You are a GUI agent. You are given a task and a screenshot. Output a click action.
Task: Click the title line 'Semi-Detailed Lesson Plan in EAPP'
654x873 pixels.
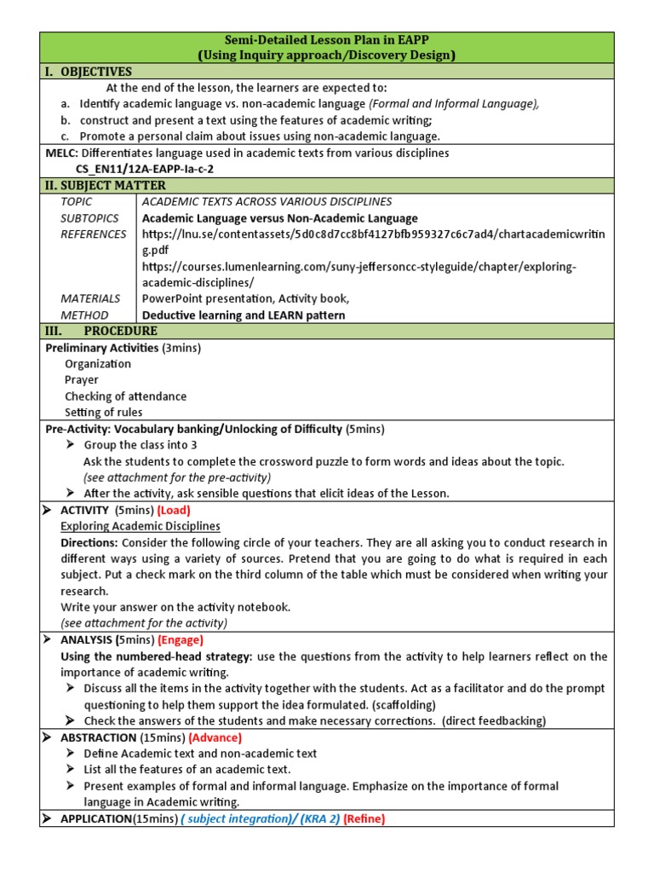[326, 40]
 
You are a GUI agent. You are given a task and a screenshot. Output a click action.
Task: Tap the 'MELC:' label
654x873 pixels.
[61, 153]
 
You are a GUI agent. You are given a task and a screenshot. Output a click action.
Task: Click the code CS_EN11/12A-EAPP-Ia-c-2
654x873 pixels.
[145, 169]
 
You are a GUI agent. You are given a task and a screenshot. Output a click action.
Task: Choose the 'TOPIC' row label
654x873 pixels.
[77, 201]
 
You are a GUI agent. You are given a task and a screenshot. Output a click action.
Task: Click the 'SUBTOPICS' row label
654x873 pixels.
[90, 218]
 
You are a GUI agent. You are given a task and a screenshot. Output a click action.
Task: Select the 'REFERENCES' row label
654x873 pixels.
[94, 234]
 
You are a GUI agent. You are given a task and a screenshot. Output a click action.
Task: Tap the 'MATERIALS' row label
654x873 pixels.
[90, 298]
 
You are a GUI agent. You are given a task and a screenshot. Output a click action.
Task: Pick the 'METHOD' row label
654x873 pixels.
[84, 315]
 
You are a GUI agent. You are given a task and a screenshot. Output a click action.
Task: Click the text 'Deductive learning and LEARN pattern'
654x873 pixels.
[244, 315]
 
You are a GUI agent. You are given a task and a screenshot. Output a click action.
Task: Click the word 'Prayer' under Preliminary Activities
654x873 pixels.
[82, 379]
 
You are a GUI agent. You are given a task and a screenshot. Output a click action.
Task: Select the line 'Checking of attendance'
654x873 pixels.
[125, 396]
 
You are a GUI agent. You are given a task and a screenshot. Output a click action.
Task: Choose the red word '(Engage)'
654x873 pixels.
[181, 639]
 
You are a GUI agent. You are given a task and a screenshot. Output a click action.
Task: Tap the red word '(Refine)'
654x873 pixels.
[364, 818]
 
